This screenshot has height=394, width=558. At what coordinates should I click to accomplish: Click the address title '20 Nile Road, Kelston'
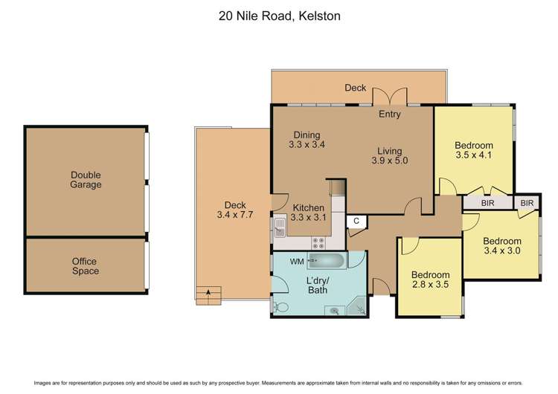click(279, 16)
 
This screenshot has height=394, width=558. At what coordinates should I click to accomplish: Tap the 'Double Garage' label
click(86, 180)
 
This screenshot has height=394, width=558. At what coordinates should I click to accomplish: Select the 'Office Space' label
click(85, 266)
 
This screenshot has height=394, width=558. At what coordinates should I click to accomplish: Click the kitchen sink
click(280, 227)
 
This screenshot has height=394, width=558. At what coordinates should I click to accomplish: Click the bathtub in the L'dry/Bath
click(327, 261)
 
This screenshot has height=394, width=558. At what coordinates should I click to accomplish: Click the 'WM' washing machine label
click(297, 261)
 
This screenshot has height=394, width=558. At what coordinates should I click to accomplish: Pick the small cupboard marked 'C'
click(356, 221)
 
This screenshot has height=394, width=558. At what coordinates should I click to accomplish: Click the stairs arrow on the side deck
click(208, 293)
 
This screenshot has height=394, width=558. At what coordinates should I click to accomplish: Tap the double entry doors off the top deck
click(390, 97)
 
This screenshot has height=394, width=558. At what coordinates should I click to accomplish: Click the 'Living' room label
click(390, 149)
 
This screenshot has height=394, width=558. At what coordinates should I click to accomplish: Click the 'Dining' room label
click(307, 135)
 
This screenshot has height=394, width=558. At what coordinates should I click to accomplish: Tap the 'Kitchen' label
click(308, 207)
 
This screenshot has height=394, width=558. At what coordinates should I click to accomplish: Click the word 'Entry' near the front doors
click(390, 114)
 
